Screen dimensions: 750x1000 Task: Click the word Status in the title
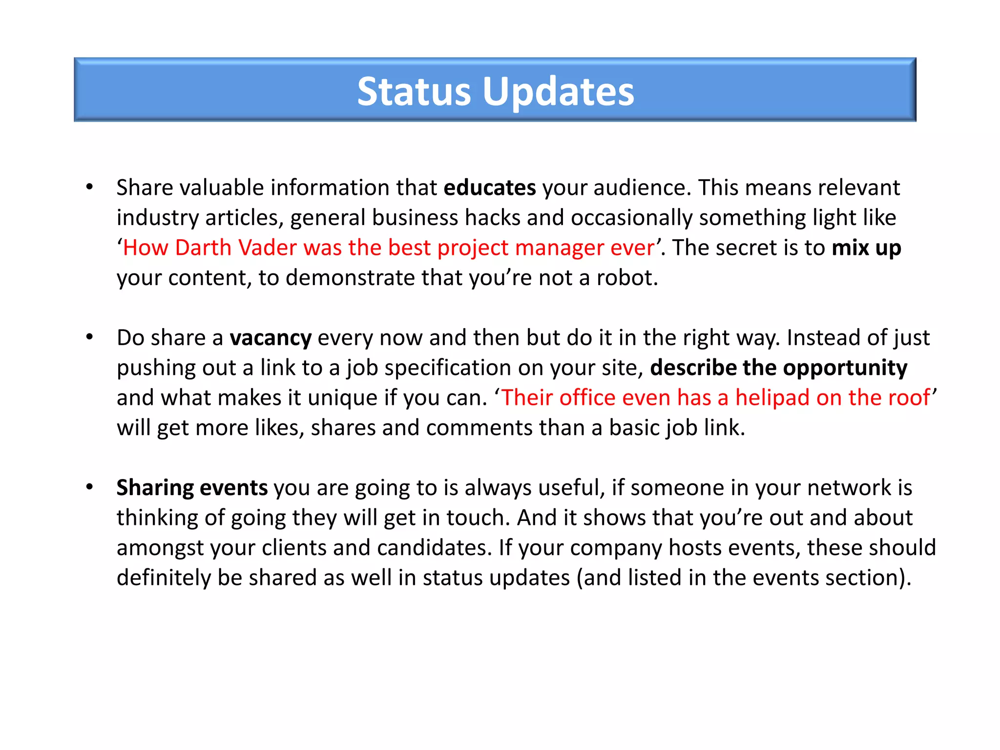pos(414,92)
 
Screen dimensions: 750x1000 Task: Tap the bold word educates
pos(489,188)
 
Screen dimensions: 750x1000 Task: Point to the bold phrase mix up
pos(866,248)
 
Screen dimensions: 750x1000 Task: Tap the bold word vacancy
pos(271,338)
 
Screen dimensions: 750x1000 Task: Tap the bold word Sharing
pos(155,488)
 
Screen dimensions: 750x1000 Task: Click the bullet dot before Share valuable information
pos(89,187)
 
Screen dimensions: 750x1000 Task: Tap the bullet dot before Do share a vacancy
pos(89,337)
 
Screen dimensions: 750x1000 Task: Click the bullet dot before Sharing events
pos(89,487)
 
